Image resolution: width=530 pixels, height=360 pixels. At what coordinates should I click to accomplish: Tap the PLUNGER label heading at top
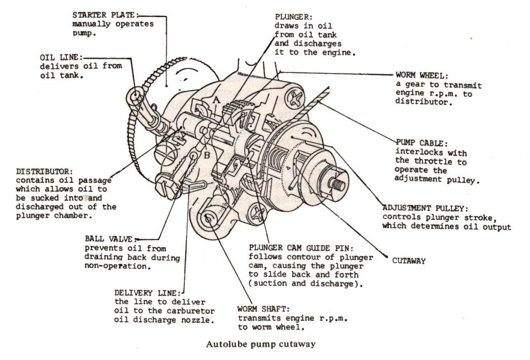(291, 16)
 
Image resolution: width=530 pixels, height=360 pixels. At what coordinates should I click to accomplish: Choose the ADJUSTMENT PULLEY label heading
(425, 208)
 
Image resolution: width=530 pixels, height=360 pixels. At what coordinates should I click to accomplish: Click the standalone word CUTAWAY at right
(409, 261)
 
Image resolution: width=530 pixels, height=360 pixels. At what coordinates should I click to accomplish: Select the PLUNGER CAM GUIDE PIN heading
(304, 248)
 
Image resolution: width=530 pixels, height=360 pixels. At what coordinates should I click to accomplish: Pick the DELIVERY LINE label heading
(146, 293)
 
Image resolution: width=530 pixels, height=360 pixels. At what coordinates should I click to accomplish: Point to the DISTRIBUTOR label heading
(44, 171)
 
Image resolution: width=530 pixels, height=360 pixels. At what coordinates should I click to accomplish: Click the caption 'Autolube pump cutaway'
(260, 344)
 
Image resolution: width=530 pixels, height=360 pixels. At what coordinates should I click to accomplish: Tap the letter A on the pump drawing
(216, 101)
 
